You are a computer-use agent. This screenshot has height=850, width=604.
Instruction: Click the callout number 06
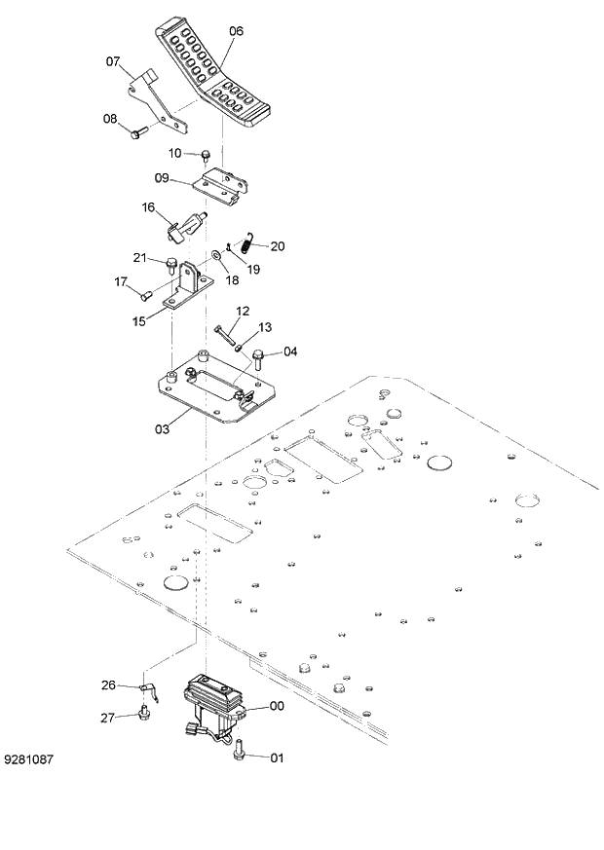click(236, 31)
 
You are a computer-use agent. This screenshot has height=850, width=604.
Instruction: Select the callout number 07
click(113, 61)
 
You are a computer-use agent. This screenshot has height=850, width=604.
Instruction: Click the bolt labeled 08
click(138, 130)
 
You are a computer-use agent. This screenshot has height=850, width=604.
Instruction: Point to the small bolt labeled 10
click(207, 154)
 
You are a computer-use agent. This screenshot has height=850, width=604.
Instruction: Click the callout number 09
click(162, 177)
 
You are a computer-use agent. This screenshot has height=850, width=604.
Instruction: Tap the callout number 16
click(148, 207)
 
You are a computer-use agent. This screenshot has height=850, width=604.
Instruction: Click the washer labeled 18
click(213, 261)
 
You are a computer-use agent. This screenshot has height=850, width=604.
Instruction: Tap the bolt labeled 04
click(260, 356)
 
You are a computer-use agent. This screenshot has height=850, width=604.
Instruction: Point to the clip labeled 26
click(143, 689)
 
